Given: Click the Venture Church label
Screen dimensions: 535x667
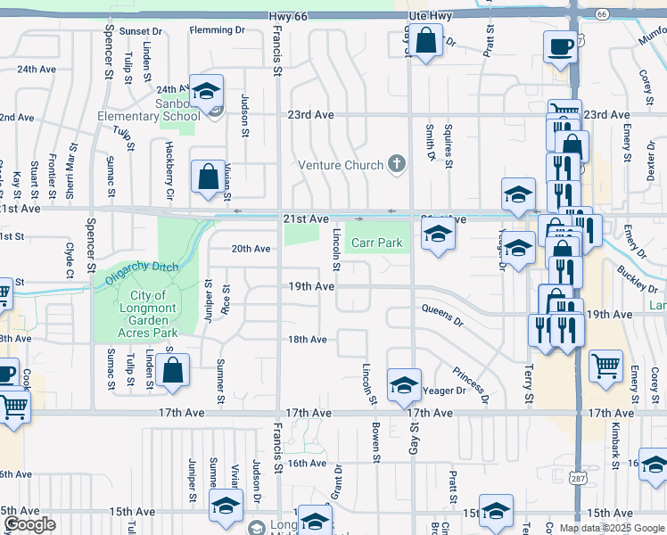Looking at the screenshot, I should point(340,165).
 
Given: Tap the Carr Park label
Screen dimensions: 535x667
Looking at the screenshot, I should point(374,243).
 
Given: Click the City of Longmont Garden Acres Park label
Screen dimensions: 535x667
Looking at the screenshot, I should point(147,314).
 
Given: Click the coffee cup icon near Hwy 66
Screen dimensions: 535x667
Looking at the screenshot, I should point(560,46).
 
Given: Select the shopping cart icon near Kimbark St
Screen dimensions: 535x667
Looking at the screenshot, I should point(605,365).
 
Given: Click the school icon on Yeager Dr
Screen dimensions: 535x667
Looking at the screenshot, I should point(404,385).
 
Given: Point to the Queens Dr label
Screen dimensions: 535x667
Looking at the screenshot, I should point(443,314).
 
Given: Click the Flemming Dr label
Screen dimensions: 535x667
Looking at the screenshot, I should point(217,30).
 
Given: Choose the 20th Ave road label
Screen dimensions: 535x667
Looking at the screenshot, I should point(251,249).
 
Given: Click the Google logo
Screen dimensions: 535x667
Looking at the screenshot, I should point(30,524).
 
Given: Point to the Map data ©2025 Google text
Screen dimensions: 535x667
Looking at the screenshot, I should point(611,528).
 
